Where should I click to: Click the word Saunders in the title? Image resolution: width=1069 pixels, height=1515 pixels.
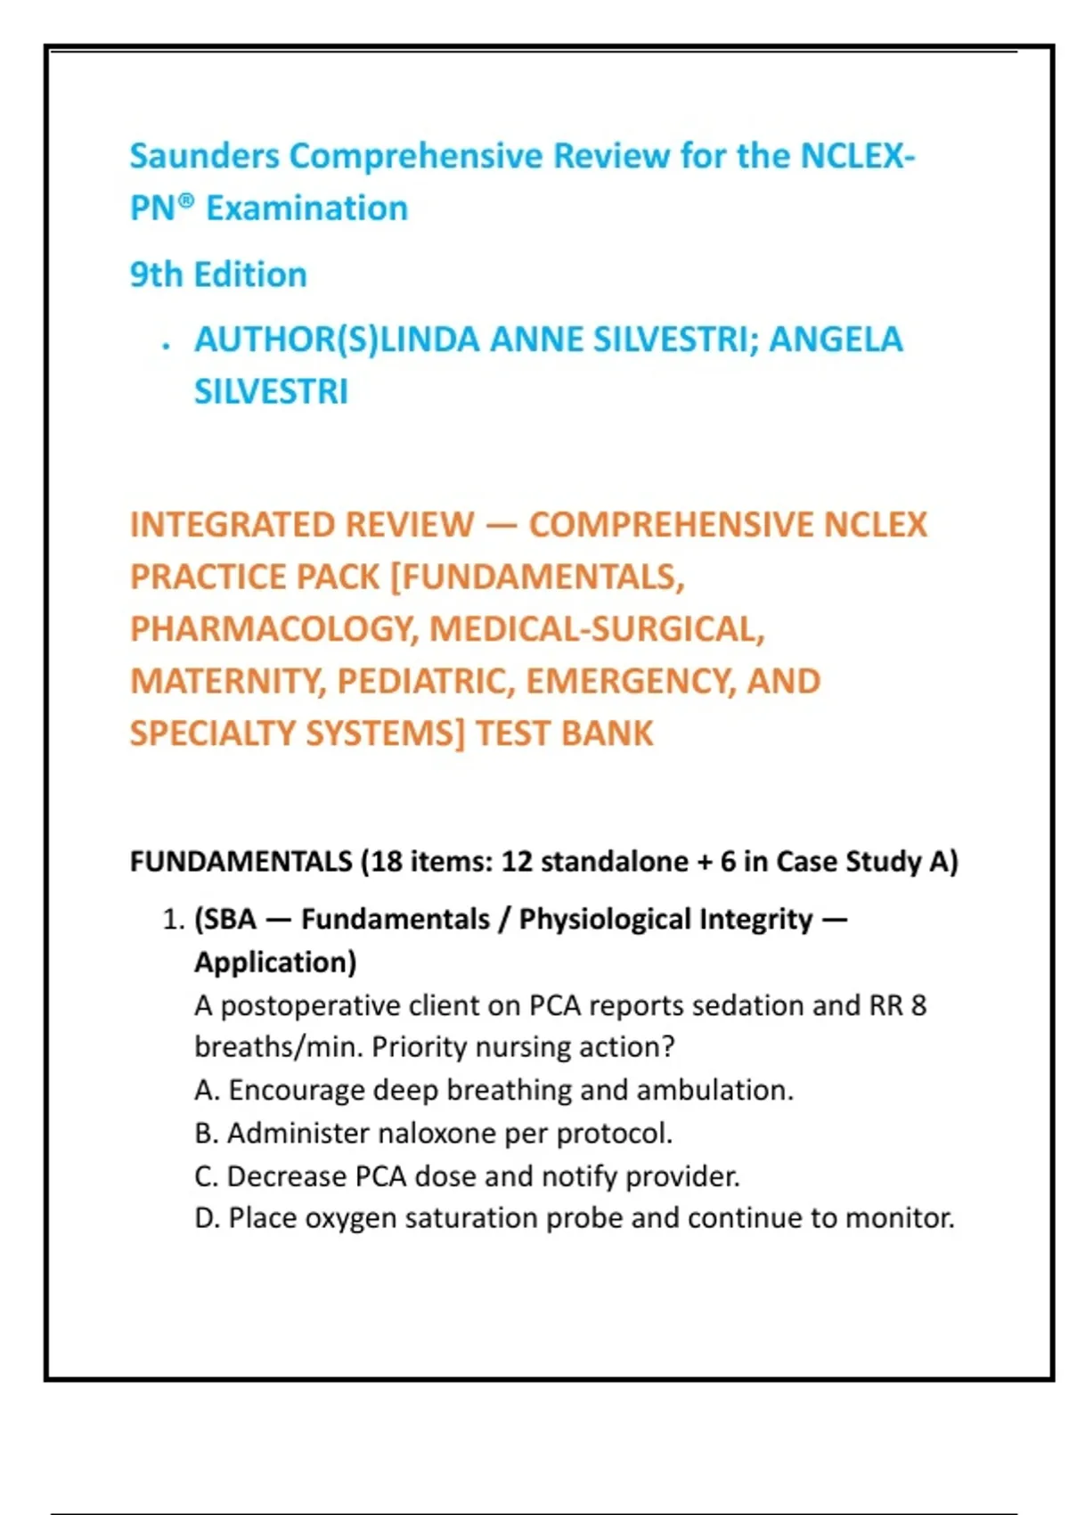pos(204,156)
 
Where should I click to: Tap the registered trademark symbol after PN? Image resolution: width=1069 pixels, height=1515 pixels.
pos(184,201)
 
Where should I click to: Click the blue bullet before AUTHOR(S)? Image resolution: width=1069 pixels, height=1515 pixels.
pos(166,346)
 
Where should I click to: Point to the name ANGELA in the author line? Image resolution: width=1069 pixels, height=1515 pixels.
pos(836,340)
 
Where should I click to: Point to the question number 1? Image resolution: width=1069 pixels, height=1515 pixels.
pos(173,920)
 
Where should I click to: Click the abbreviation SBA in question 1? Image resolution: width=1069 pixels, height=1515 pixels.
pos(229,920)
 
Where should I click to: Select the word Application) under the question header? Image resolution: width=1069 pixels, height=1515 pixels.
pos(275,962)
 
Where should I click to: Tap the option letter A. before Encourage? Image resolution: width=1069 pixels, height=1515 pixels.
pos(206,1090)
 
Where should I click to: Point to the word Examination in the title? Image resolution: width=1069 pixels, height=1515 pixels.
pos(306,209)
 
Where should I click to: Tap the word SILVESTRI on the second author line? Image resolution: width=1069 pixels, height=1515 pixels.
pos(271,392)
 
